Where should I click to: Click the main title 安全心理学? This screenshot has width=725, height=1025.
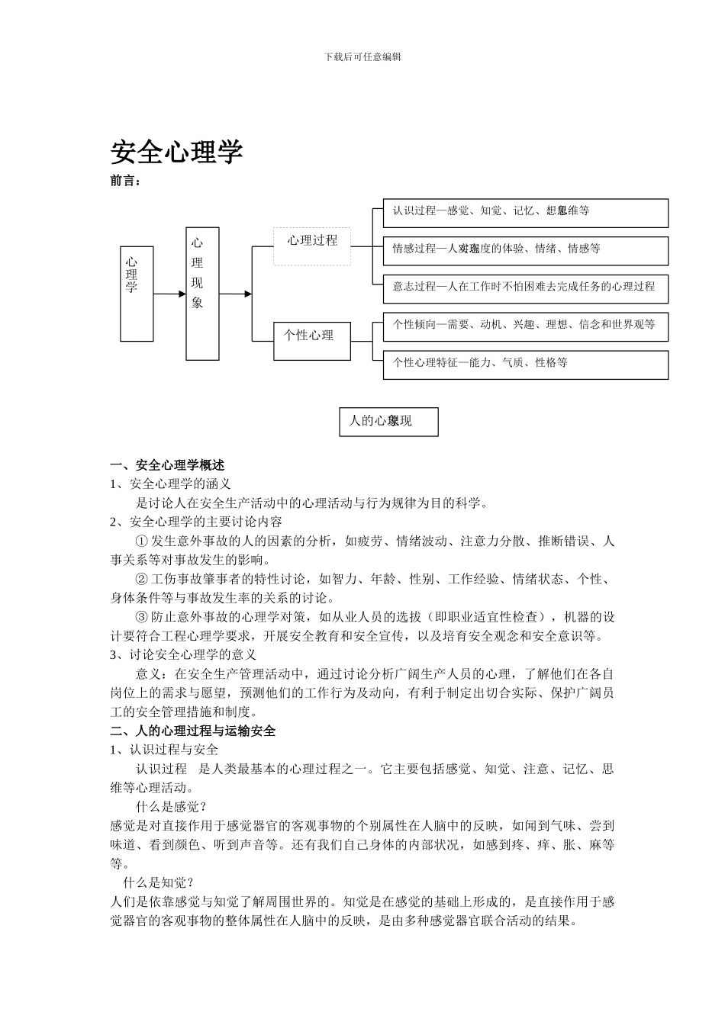tap(176, 152)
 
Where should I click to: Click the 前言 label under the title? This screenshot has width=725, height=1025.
tap(126, 182)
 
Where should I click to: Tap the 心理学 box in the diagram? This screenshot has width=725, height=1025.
tap(137, 293)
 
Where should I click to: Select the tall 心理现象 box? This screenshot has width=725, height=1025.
tap(202, 293)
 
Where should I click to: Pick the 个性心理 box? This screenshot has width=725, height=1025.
tap(312, 340)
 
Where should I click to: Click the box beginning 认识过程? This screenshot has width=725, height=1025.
tap(525, 212)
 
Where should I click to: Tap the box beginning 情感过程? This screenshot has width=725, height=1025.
tap(525, 250)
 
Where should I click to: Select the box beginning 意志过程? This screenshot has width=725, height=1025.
tap(525, 288)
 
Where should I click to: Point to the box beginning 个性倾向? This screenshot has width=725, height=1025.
tap(525, 326)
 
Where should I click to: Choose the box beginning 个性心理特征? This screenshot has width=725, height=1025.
tap(525, 364)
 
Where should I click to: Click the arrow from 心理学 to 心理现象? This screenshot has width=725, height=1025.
tap(169, 294)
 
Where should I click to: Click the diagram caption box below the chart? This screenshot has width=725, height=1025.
tap(388, 422)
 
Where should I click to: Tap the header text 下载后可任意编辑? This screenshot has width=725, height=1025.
tap(362, 56)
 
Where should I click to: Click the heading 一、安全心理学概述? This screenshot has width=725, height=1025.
tap(167, 464)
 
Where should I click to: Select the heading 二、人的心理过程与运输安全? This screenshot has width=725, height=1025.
tap(192, 731)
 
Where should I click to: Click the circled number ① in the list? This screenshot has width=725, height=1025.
tap(141, 541)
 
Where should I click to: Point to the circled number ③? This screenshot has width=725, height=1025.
tap(141, 617)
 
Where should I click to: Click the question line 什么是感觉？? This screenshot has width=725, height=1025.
tap(172, 807)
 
